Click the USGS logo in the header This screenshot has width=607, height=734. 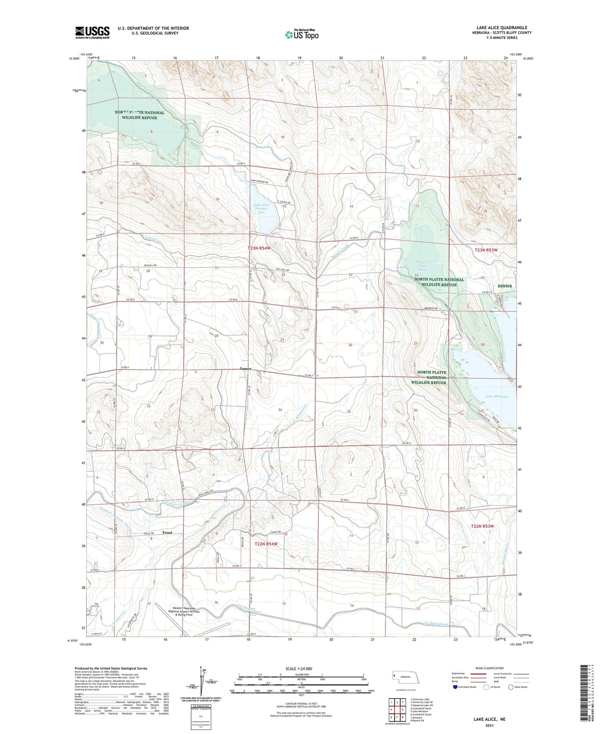92,32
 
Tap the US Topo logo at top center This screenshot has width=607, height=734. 302,34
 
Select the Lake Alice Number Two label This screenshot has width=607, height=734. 261,208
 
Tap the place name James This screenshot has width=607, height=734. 245,368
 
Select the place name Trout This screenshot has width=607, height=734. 167,532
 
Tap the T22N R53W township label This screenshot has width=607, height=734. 483,526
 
